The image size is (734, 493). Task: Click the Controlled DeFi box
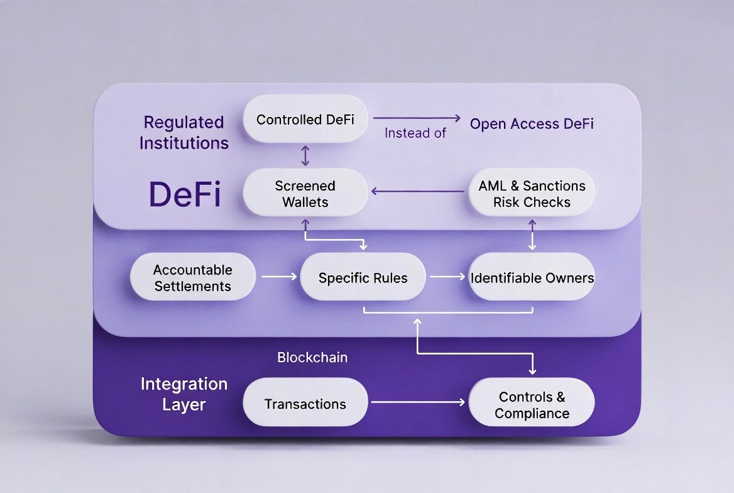(x=305, y=119)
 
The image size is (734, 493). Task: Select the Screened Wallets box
(x=305, y=194)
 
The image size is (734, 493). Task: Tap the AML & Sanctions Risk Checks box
(x=532, y=194)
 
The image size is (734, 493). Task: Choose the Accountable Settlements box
(x=193, y=277)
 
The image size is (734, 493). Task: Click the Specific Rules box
(x=363, y=277)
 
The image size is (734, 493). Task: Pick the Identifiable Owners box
(x=532, y=277)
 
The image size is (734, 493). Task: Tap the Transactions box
(x=305, y=404)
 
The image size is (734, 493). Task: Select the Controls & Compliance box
(x=532, y=404)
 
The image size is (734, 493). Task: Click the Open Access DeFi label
(x=532, y=123)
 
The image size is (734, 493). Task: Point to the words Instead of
(x=415, y=133)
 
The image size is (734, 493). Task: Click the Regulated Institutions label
(x=183, y=132)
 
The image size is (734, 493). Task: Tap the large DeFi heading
(x=185, y=194)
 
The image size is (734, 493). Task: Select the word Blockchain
(x=312, y=357)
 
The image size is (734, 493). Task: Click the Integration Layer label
(x=184, y=394)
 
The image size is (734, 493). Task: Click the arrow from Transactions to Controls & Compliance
(x=418, y=402)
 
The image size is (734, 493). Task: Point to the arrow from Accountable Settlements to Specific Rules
(x=278, y=276)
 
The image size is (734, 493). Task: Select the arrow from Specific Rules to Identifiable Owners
(x=447, y=276)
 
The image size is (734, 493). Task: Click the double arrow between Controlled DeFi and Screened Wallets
(x=305, y=155)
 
